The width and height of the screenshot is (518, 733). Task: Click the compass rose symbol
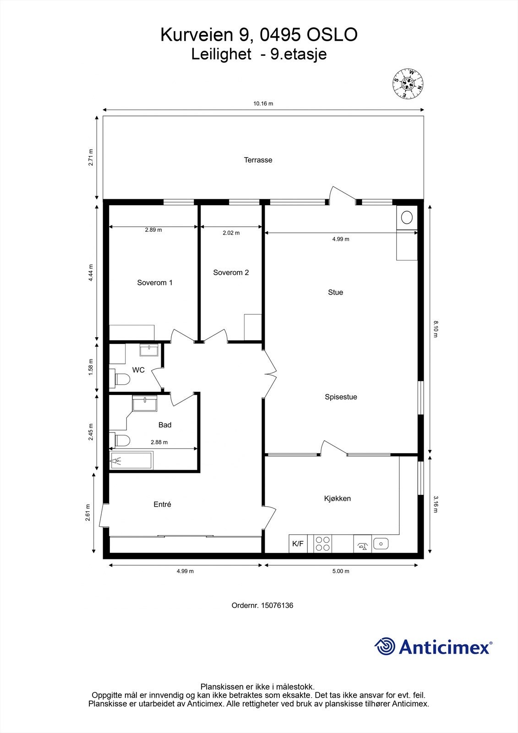coord(408,84)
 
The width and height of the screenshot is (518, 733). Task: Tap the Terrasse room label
coord(258,160)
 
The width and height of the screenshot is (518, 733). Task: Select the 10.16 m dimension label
coord(263,104)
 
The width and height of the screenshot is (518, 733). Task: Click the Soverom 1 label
coord(155,283)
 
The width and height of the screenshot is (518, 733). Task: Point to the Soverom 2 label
coord(231,273)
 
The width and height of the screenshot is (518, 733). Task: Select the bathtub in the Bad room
coord(131,460)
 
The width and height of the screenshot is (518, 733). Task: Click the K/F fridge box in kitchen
coord(298,544)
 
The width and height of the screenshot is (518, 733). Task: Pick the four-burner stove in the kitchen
coord(322,544)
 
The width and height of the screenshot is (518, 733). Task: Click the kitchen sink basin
coord(381,544)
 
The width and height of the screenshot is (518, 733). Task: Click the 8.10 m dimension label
coord(436,329)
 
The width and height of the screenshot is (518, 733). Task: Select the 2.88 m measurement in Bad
coord(159,442)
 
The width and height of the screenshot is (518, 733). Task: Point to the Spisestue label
coord(341,397)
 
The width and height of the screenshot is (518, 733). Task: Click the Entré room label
coord(162,504)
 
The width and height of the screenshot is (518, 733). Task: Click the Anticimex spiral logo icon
coord(385,646)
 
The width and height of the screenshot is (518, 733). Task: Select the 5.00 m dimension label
coord(340,571)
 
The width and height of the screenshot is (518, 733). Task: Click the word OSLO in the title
coord(332,35)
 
